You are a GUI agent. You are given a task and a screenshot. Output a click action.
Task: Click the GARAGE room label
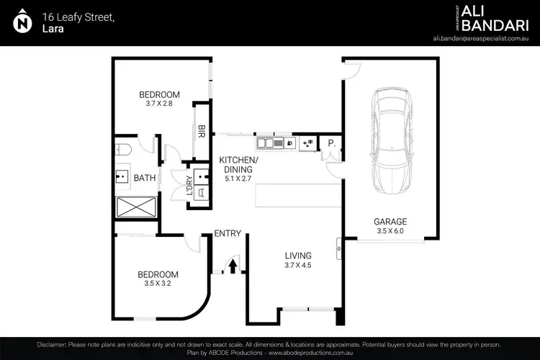[390, 222]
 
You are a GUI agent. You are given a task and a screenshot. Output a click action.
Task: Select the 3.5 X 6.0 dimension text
[390, 232]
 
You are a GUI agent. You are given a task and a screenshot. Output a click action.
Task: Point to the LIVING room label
[298, 256]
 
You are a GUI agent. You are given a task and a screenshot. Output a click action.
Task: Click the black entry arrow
[233, 266]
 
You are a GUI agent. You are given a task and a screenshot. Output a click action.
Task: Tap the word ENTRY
[228, 233]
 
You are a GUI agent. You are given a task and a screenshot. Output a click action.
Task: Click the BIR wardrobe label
[202, 131]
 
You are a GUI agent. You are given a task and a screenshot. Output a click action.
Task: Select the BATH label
[145, 178]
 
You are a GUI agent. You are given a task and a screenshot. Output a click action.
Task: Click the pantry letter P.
[331, 143]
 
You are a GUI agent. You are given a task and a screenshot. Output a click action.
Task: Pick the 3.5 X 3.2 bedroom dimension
[158, 284]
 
